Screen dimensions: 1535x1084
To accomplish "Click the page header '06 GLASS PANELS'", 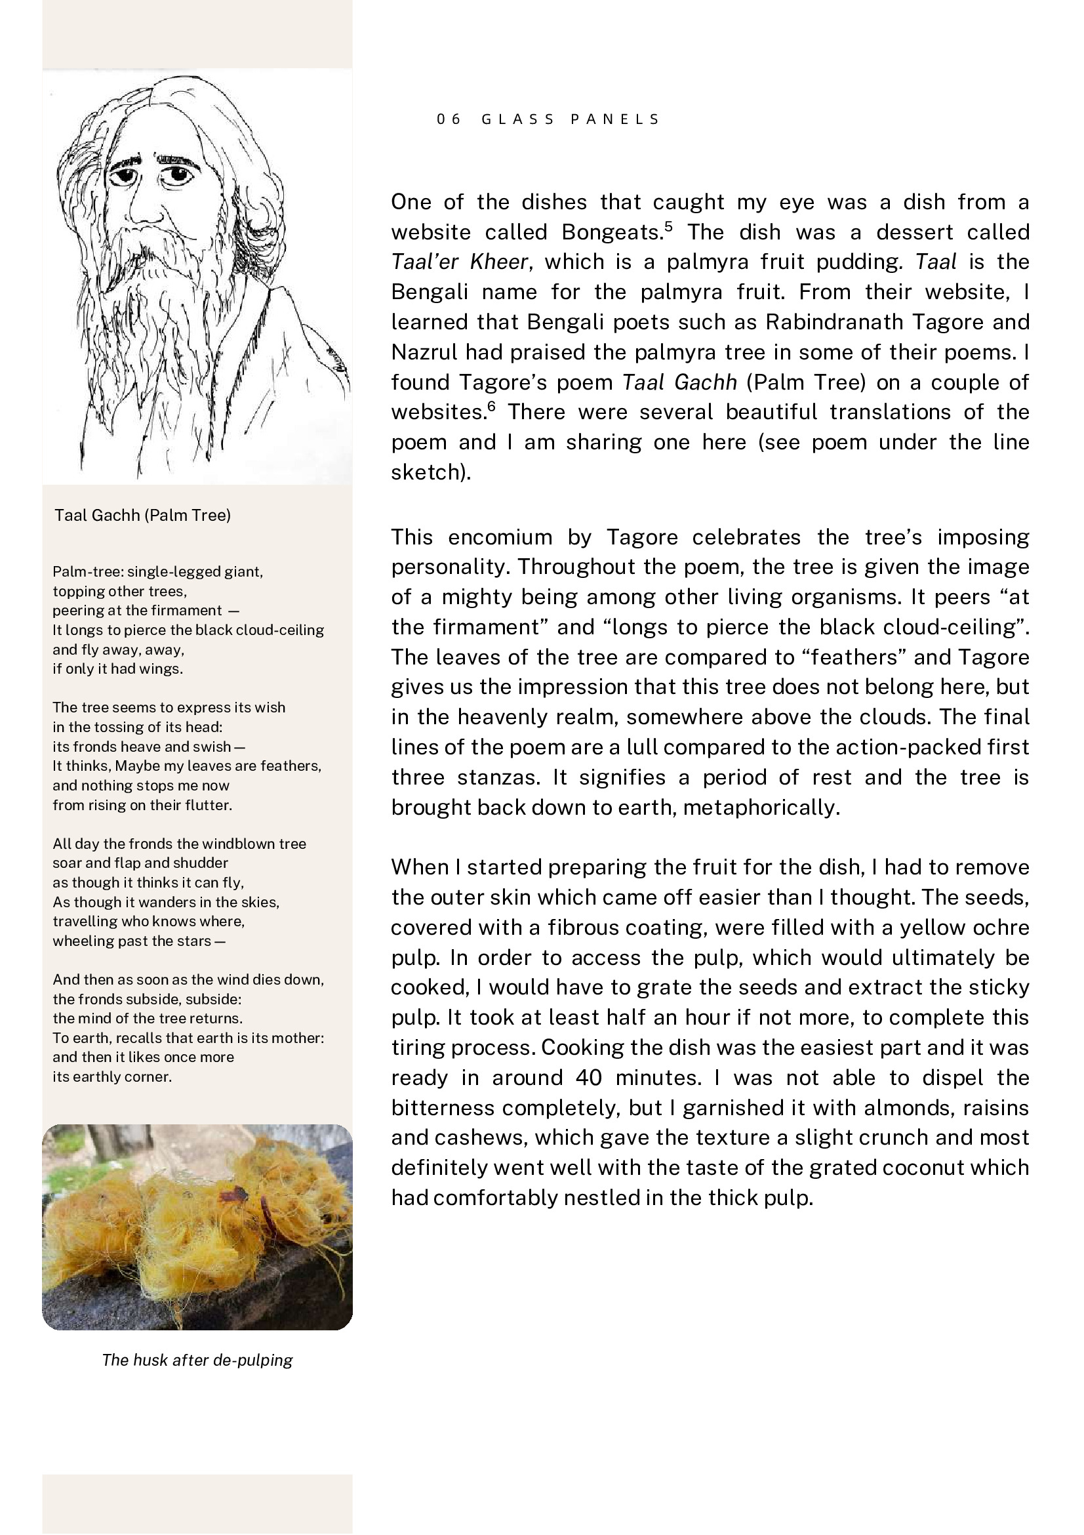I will [x=548, y=119].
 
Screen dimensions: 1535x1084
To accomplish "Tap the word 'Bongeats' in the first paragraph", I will [x=610, y=233].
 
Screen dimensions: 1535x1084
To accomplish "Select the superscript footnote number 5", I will [x=668, y=226].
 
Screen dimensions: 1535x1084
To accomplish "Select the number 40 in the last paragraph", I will [x=588, y=1078].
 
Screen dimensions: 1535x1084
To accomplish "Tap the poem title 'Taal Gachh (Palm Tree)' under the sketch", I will [x=142, y=516].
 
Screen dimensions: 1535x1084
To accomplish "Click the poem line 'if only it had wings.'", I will [x=117, y=669].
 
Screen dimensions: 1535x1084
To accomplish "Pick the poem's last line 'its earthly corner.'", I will [x=112, y=1077].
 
